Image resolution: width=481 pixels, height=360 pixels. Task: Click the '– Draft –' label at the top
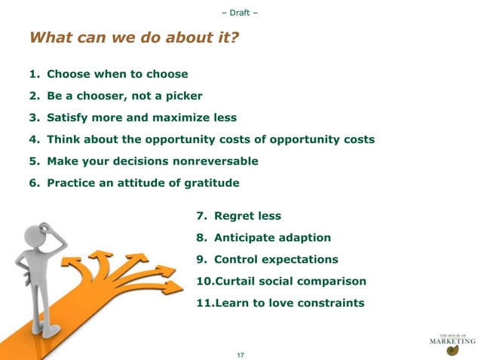(x=240, y=13)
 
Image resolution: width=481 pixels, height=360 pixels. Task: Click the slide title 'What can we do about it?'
(x=133, y=38)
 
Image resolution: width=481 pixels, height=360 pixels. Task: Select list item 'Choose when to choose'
(x=117, y=75)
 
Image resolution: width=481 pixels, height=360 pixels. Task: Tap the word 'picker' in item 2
(x=183, y=96)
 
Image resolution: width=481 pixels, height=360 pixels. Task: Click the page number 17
(x=240, y=354)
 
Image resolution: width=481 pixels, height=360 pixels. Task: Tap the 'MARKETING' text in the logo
(x=452, y=340)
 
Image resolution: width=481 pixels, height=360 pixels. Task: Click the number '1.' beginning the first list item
(x=34, y=75)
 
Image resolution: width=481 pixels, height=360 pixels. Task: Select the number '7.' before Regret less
(x=201, y=216)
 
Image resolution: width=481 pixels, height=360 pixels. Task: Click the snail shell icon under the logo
(x=452, y=350)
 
